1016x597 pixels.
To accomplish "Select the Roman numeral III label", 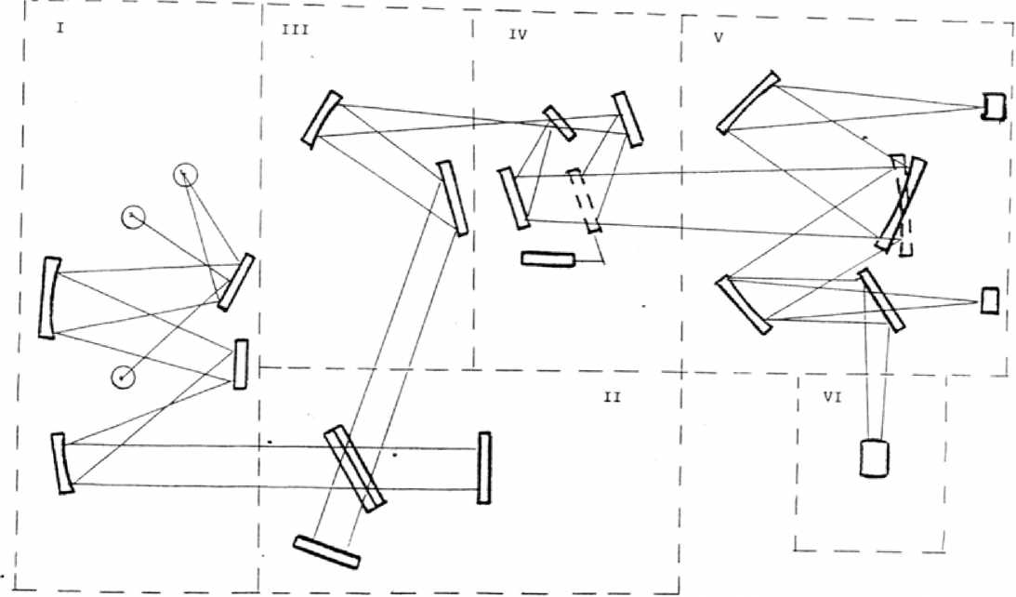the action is [295, 30].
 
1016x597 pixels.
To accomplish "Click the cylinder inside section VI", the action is [875, 458].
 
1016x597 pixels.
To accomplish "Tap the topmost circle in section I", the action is [186, 174].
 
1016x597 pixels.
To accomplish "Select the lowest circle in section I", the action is [122, 377].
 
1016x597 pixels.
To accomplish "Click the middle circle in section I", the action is [133, 217].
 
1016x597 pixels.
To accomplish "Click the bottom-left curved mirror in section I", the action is [63, 463].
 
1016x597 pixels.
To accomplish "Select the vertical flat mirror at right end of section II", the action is [483, 468].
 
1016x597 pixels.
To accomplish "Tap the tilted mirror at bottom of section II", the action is [326, 551].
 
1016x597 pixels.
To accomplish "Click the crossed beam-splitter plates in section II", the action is [354, 468].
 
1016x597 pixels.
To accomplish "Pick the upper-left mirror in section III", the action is [322, 118].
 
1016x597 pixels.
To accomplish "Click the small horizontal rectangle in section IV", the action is [548, 259].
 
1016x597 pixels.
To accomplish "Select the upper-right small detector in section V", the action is [993, 107].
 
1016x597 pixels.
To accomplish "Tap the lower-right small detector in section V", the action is [990, 300].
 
